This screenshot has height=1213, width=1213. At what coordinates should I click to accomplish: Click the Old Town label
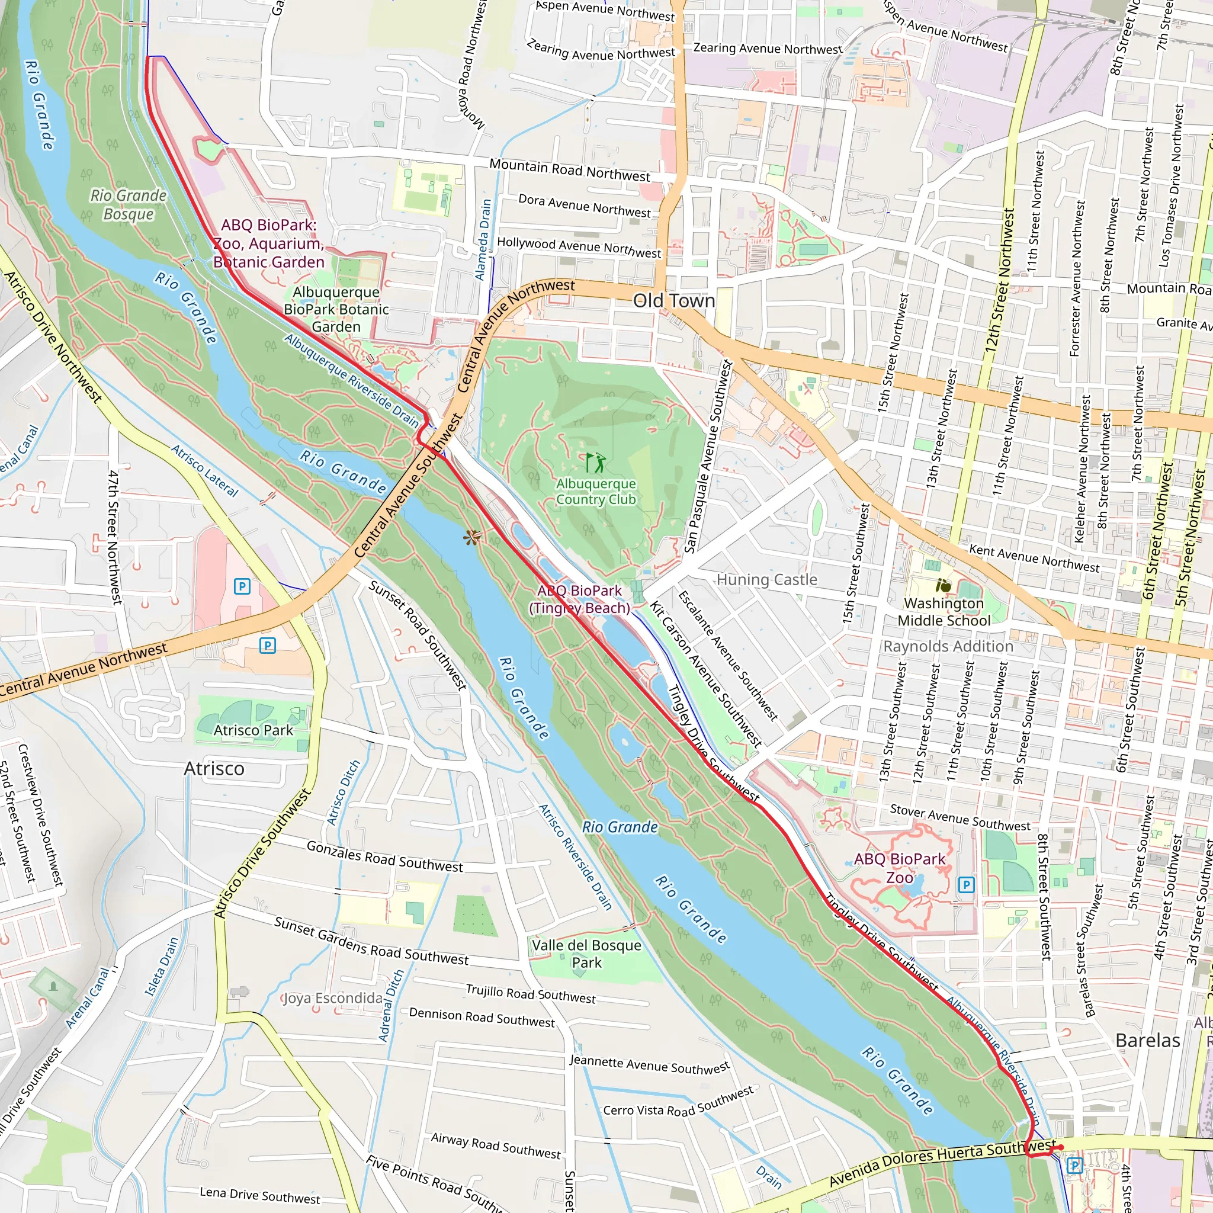[673, 301]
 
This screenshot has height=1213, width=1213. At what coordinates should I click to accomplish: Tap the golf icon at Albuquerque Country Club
[595, 463]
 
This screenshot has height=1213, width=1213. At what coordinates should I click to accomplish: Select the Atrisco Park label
[253, 730]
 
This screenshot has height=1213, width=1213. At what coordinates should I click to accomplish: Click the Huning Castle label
[766, 579]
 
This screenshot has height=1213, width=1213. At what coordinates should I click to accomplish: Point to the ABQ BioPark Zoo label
[899, 868]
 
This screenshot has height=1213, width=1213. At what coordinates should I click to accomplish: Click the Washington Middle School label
[944, 611]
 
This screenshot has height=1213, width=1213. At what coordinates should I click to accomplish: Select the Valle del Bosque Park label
[586, 954]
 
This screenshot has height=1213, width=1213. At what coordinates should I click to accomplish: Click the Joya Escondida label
[333, 998]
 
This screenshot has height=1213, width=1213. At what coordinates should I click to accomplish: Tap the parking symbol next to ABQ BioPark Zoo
[966, 885]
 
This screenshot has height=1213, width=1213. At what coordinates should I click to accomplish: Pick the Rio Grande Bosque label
[129, 205]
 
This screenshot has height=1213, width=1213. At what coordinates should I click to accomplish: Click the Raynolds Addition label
[948, 646]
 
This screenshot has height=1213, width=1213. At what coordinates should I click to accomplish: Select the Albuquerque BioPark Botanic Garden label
[336, 309]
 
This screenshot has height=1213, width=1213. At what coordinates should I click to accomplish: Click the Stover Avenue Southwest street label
[960, 817]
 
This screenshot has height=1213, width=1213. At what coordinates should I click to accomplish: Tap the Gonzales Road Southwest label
[384, 856]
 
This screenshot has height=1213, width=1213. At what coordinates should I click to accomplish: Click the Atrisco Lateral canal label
[206, 470]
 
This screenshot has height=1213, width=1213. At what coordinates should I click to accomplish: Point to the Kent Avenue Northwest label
[1034, 558]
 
